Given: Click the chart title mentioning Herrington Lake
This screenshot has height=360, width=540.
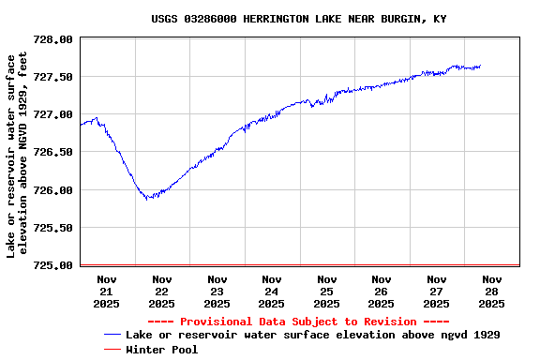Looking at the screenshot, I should pos(298,19).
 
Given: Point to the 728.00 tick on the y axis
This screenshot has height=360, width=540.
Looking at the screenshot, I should pos(52,39).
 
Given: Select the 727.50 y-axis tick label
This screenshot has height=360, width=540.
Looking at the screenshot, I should pos(52,77).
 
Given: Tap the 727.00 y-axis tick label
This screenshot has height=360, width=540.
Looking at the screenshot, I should pos(52,114).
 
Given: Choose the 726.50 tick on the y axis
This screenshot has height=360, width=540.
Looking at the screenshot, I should pos(52,152).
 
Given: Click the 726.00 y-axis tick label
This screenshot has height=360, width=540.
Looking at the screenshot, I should pos(52,190).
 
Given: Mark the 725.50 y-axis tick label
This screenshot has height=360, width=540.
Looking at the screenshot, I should pos(52,228).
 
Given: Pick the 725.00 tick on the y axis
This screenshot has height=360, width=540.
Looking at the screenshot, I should pos(52,265).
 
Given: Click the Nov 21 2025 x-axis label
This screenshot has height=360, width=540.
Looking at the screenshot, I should pos(107,291).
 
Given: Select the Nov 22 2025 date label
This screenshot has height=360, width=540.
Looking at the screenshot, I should pos(161,291).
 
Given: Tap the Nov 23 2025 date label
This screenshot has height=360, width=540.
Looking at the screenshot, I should pos(217,291).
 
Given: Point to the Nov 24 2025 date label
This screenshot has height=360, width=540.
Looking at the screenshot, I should pos(272,291).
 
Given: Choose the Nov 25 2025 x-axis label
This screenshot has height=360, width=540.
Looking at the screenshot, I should pos(326,291).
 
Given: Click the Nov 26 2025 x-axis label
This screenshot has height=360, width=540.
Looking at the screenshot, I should pos(382,291).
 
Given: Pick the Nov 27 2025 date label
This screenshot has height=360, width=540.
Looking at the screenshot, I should pos(436,291).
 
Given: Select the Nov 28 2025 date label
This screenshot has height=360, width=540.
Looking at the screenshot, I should pos(491,291).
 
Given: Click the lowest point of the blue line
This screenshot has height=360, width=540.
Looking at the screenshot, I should pos(148,199).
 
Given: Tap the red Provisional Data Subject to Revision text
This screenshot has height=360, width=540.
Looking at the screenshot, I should pos(298,322).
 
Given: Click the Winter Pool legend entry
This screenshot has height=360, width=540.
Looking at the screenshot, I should pos(161,350).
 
